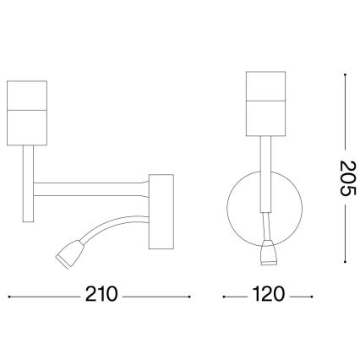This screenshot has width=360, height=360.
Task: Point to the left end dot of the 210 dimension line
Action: [8, 297]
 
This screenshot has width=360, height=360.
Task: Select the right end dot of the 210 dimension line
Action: [190, 297]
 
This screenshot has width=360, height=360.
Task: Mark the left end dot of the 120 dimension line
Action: [223, 297]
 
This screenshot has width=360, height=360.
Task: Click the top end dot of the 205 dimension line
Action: [346, 74]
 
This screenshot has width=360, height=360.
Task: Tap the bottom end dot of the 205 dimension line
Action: [346, 259]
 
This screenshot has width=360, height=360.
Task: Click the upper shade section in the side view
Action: [30, 95]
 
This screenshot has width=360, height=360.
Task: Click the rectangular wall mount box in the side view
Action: [160, 211]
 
